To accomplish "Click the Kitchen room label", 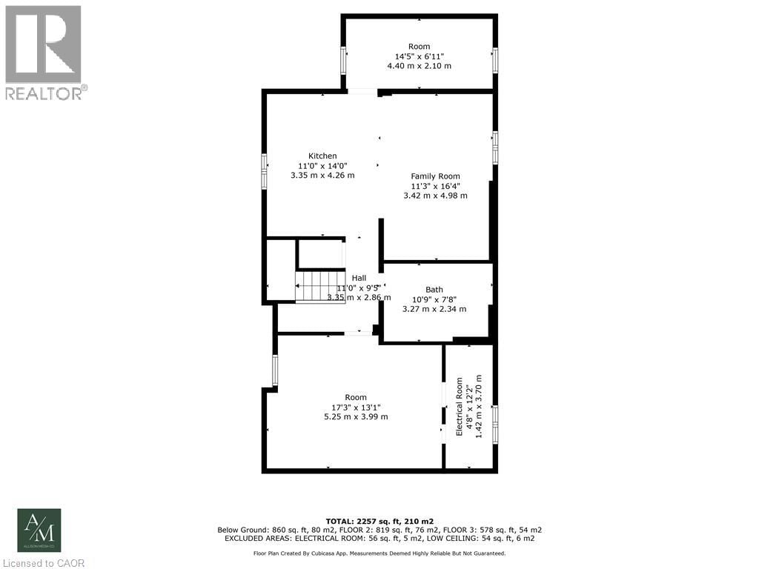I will (x=322, y=156).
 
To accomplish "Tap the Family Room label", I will (x=435, y=176).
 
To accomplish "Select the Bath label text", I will (x=434, y=290).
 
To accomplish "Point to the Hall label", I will (x=359, y=278).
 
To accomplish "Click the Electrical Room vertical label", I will (x=460, y=407).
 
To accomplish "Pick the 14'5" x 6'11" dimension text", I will (x=419, y=56).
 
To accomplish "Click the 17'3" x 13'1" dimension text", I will (x=356, y=407).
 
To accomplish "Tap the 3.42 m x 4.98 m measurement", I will (x=435, y=196).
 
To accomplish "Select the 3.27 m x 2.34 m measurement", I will (x=434, y=309).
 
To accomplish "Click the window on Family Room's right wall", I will (x=495, y=145).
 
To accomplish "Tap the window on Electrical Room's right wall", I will (x=495, y=419).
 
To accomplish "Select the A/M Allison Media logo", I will (x=39, y=530).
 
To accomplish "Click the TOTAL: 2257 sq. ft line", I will (x=379, y=521).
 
